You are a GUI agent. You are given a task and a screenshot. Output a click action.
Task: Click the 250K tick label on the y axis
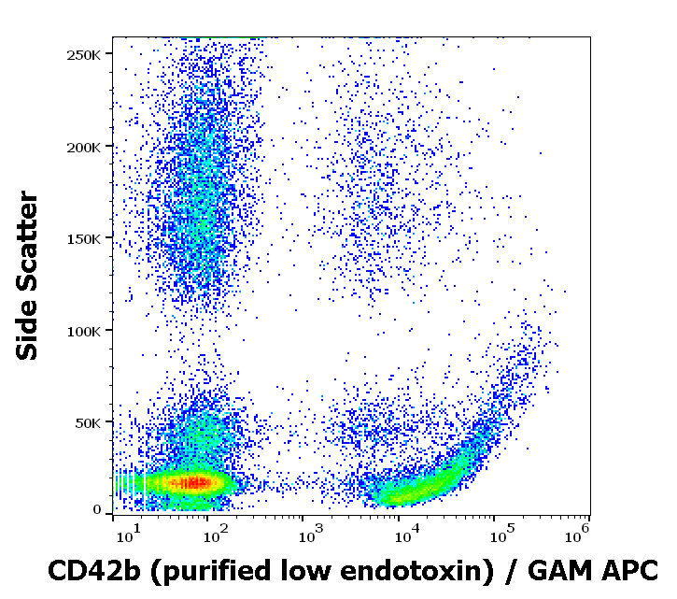point(84,54)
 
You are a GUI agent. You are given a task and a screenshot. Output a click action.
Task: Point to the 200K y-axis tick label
point(84,147)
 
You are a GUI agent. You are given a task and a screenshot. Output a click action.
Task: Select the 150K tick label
point(84,238)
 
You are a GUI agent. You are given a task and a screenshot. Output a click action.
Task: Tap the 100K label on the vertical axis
point(84,331)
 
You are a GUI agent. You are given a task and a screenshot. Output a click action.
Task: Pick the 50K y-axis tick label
point(88,422)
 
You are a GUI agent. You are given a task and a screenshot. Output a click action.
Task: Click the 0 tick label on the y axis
point(97,510)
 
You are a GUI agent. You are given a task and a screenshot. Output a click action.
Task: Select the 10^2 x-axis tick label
point(216,535)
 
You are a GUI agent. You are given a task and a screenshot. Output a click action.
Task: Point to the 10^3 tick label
point(310,535)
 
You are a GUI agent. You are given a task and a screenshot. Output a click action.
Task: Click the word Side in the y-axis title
point(29,331)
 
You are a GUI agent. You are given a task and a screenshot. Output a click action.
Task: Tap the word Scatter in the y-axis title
point(29,246)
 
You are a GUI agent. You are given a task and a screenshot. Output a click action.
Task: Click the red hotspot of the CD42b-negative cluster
point(195,483)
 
